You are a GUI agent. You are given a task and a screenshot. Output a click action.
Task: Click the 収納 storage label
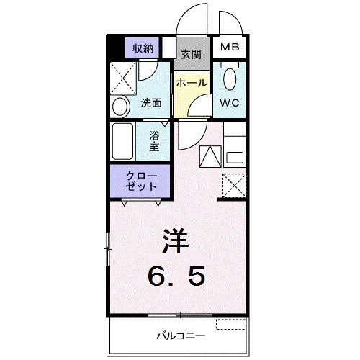click(x=143, y=49)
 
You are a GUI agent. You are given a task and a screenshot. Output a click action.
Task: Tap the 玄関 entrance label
click(x=191, y=54)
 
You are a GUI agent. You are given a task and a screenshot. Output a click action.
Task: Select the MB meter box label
click(x=230, y=48)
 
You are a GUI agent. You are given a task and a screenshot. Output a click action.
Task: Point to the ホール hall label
click(x=192, y=83)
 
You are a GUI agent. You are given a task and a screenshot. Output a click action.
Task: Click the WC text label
click(x=230, y=102)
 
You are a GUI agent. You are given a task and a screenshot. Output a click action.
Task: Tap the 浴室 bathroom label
click(x=153, y=140)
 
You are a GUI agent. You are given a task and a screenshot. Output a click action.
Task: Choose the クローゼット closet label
click(x=139, y=181)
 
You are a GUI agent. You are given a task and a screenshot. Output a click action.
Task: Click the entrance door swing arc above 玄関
click(x=192, y=22)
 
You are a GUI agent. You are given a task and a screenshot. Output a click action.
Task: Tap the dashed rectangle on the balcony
click(x=231, y=325)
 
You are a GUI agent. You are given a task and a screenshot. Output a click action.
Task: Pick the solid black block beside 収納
click(x=113, y=48)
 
